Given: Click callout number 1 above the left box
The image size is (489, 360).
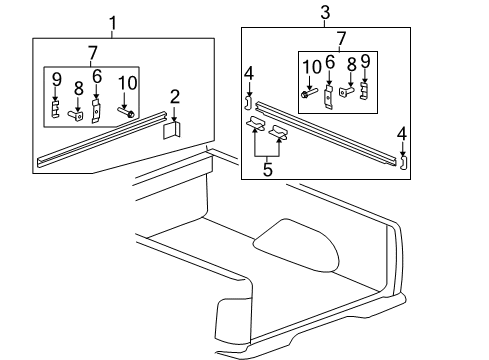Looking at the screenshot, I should (x=112, y=22).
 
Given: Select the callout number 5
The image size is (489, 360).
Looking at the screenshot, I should (x=267, y=170).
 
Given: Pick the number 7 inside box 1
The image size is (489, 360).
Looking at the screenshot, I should (x=92, y=51).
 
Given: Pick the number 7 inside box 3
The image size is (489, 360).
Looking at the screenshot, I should (x=342, y=38).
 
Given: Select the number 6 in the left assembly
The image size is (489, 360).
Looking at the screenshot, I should (x=97, y=76).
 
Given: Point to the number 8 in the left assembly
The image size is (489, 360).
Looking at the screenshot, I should (x=78, y=89).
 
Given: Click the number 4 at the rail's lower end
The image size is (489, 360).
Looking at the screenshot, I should (x=402, y=133).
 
